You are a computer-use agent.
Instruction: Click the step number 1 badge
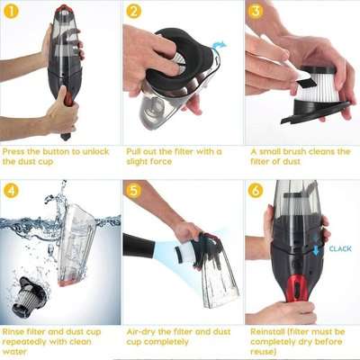tap(12, 12)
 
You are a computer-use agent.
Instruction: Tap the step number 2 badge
tap(134, 12)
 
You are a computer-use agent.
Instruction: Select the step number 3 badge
tap(256, 12)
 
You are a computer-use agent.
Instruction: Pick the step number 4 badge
tap(12, 191)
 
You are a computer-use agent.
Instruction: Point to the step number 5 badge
tap(134, 191)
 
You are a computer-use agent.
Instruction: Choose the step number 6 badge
tap(256, 191)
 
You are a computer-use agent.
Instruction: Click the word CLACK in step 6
tap(339, 248)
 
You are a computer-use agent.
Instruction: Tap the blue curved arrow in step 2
tap(220, 43)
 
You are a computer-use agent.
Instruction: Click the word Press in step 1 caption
tap(18, 151)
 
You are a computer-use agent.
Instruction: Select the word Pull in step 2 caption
tap(135, 151)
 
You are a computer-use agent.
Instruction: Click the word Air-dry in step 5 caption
tap(141, 331)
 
